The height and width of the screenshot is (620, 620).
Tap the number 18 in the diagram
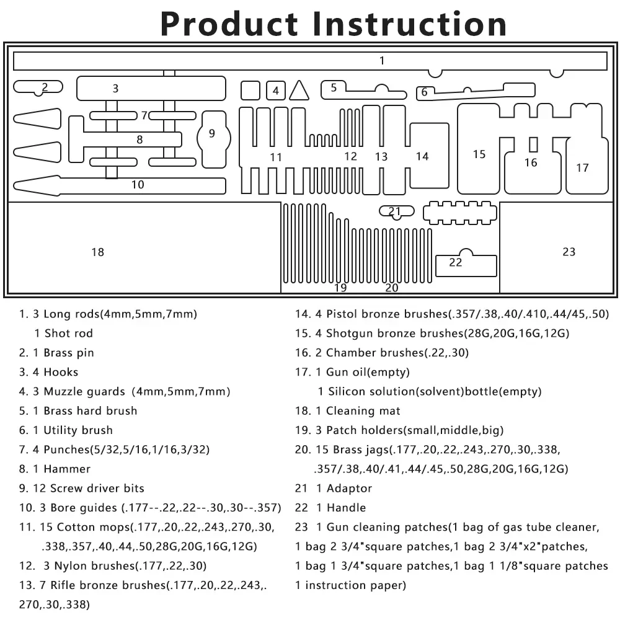tap(97, 252)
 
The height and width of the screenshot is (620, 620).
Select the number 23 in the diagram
tap(569, 251)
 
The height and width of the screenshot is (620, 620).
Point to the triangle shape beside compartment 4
tap(299, 91)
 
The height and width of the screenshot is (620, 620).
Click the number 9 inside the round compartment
tap(212, 133)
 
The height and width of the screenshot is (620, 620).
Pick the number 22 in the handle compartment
tap(456, 262)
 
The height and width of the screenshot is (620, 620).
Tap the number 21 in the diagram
tap(395, 211)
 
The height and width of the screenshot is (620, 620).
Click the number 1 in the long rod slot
tap(382, 61)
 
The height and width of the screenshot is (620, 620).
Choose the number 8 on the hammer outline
tap(139, 139)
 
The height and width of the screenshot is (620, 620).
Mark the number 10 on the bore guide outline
tap(138, 184)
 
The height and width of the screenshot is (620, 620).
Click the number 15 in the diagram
tap(479, 154)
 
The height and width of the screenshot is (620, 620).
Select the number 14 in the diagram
tap(422, 156)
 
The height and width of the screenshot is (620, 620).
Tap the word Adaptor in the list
tap(349, 489)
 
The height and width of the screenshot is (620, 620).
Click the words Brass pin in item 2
tap(69, 353)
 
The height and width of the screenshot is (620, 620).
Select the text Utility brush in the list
tap(78, 430)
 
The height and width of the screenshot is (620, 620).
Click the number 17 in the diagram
tap(582, 167)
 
